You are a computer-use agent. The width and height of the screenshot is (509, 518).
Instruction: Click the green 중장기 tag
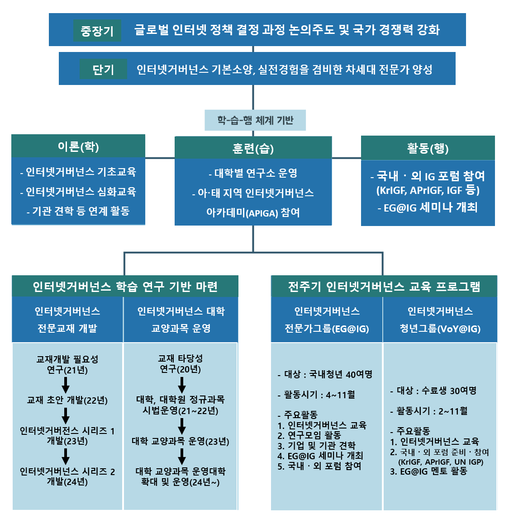97,31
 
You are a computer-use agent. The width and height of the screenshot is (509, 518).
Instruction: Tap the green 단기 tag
103,70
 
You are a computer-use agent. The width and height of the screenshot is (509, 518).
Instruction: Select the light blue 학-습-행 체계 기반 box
255,120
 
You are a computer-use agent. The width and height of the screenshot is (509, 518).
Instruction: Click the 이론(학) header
78,146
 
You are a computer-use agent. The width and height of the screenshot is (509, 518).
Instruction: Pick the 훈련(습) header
253,148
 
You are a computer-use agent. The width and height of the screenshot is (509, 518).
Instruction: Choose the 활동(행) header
428,148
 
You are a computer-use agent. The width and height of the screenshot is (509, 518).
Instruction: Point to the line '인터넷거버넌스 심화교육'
78,192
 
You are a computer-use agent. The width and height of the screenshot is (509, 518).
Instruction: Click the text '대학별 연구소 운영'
253,173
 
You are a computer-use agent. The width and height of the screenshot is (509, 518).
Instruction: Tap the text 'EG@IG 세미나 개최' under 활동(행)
428,207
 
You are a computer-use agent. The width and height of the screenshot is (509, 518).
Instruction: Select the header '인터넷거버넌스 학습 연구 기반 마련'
125,287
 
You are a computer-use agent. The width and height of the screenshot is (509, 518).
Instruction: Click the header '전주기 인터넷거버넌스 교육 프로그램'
384,287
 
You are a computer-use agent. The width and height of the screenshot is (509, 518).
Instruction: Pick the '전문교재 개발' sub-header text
67,329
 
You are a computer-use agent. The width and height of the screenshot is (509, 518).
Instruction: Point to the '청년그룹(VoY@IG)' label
440,329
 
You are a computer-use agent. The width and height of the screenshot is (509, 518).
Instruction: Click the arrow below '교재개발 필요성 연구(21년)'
66,385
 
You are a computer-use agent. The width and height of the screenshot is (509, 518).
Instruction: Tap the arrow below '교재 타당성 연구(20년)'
181,385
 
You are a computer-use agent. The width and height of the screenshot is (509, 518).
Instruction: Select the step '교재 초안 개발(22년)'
67,400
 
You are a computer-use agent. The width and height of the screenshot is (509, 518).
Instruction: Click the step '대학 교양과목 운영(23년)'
181,441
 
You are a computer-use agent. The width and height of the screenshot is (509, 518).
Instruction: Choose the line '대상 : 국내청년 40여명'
325,374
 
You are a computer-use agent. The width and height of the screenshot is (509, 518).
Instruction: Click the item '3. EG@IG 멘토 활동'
428,471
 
